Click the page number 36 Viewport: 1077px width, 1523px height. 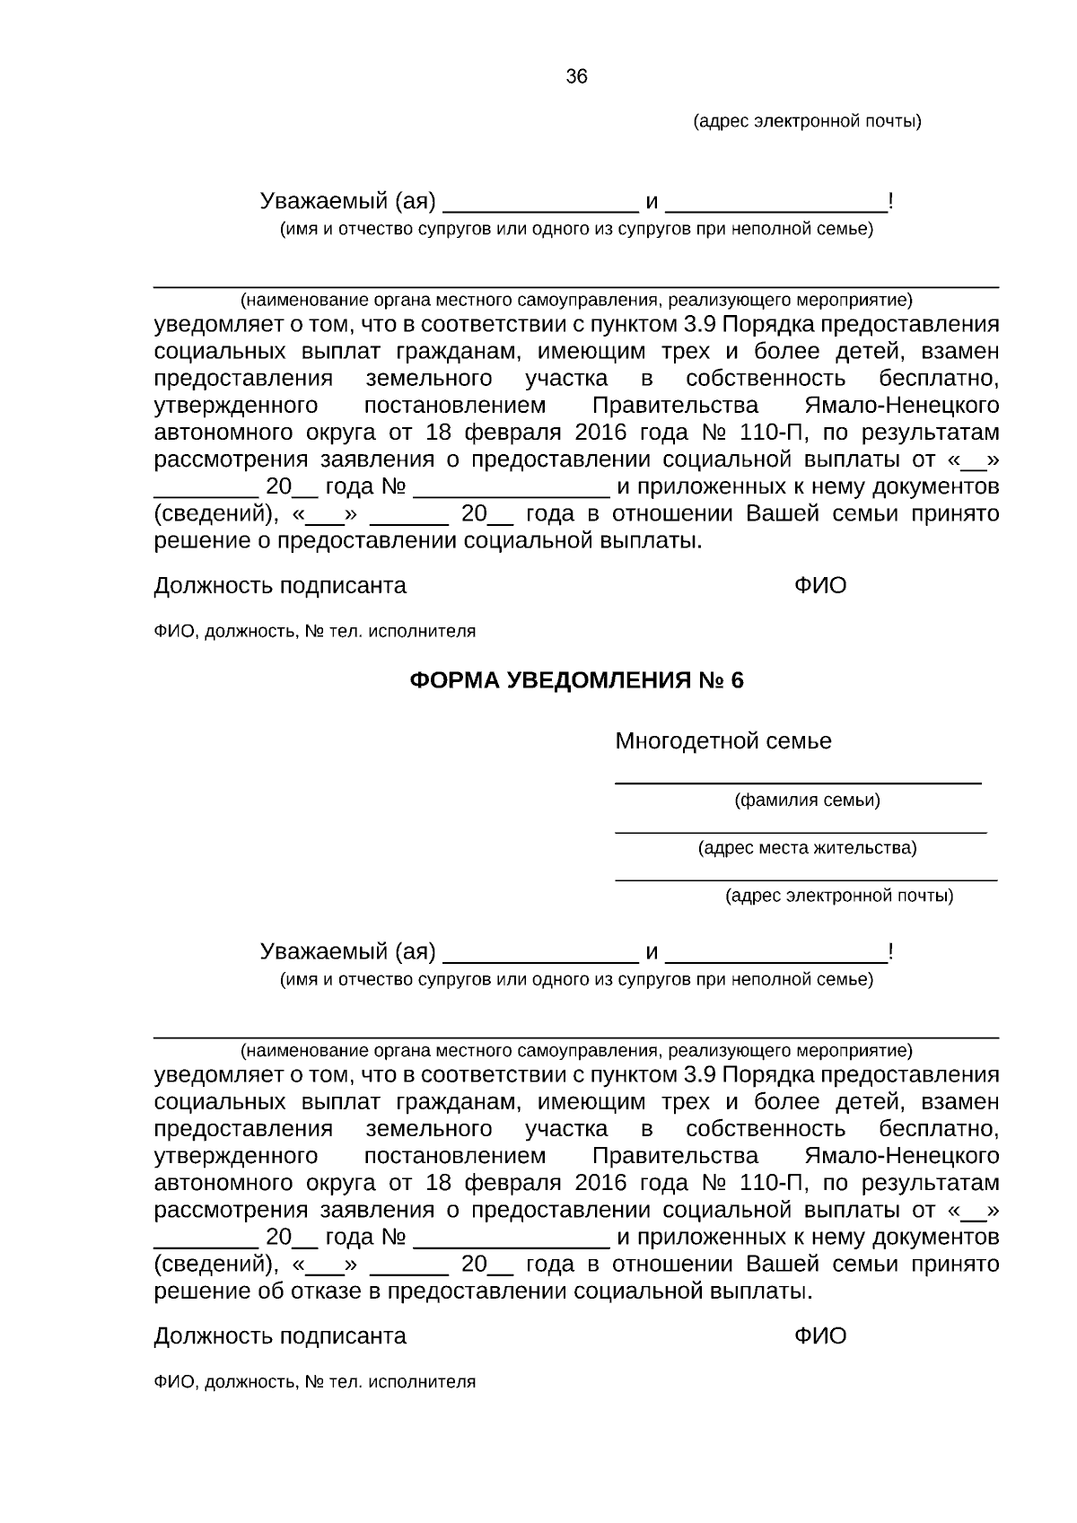(x=576, y=77)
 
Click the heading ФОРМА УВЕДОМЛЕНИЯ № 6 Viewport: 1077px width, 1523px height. (x=576, y=680)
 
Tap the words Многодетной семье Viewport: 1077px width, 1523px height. (x=722, y=741)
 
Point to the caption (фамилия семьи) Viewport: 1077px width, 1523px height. (x=807, y=801)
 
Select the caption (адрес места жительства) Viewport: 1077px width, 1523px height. (x=807, y=848)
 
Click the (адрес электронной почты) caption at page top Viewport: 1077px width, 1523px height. (x=807, y=121)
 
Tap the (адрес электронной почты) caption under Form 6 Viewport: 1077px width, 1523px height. (x=838, y=896)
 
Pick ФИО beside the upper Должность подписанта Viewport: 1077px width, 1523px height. (x=819, y=586)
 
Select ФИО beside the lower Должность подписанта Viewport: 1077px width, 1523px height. (x=819, y=1336)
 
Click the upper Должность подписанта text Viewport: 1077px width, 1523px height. (x=280, y=586)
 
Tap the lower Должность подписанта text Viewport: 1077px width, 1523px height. (x=280, y=1336)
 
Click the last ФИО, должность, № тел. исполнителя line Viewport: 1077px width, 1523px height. (x=314, y=1382)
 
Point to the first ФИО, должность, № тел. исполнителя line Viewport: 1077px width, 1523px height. (x=314, y=632)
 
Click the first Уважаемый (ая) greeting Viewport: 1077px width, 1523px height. (x=347, y=201)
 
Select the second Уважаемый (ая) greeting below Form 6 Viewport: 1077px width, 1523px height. (x=347, y=951)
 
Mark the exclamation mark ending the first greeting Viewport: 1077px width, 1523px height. (x=889, y=201)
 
